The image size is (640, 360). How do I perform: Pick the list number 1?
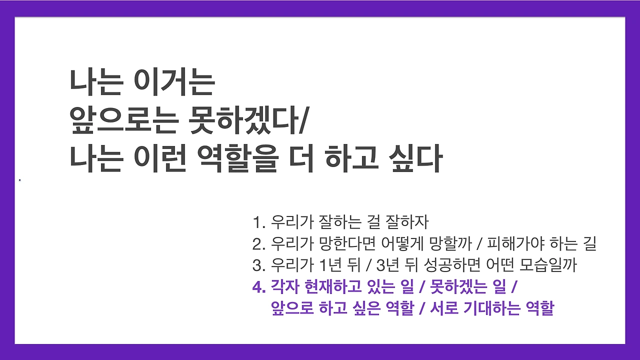[x=257, y=221]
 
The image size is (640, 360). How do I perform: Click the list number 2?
[x=258, y=244]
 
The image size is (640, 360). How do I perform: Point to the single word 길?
[x=589, y=244]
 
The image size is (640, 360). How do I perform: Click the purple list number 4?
[x=258, y=288]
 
